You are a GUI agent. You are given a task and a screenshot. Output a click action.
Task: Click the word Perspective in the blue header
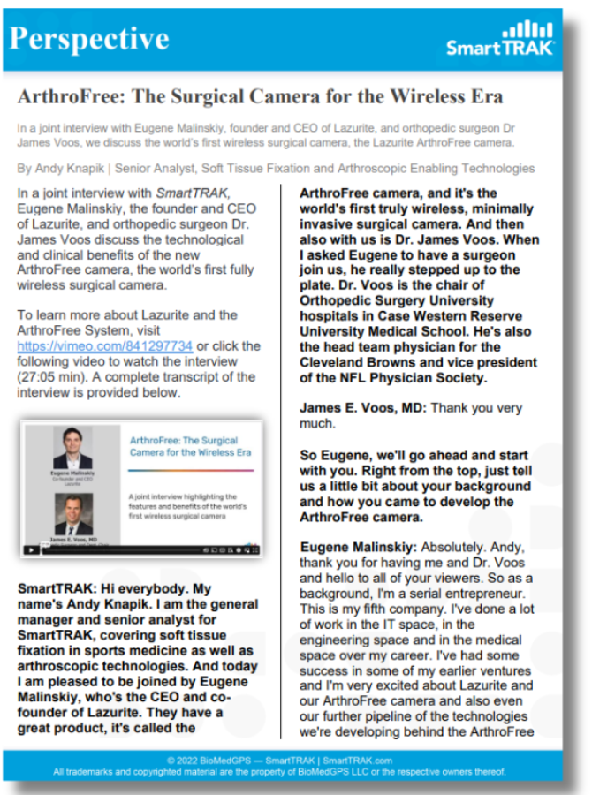click(x=88, y=38)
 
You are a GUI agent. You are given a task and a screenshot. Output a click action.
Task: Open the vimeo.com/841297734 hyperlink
click(x=105, y=346)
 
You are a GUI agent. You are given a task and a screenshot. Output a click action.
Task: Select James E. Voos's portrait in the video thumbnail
click(x=72, y=513)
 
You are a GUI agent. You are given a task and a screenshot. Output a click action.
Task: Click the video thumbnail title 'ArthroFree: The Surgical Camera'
click(x=190, y=445)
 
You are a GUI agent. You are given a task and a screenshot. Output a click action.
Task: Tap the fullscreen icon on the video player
click(x=254, y=549)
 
